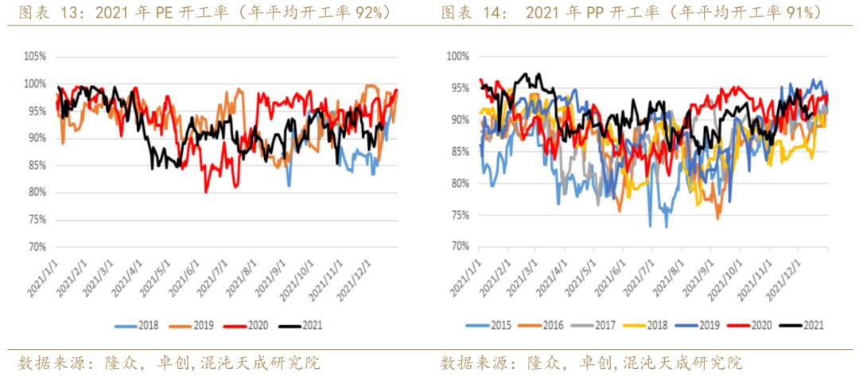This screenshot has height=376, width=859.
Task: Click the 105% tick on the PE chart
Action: [x=35, y=56]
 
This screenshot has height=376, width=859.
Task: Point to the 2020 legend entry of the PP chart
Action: [x=755, y=325]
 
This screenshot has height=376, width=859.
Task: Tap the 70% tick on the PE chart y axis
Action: [x=37, y=246]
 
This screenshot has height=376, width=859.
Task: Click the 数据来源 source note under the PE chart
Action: [x=48, y=363]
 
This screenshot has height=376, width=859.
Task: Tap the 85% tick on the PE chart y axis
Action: [x=37, y=165]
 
